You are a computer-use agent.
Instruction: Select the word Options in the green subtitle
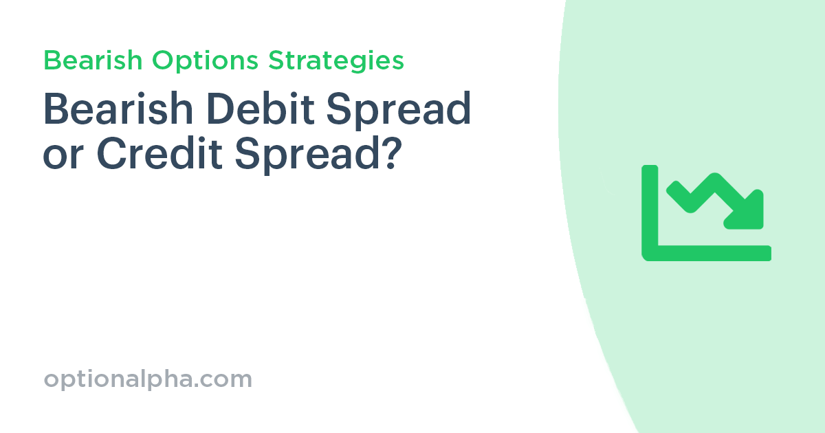click(206, 62)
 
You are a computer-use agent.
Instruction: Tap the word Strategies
click(336, 62)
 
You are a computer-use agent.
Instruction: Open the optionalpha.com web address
click(148, 379)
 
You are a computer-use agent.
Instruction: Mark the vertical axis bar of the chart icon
click(650, 210)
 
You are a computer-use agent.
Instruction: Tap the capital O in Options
click(163, 61)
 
